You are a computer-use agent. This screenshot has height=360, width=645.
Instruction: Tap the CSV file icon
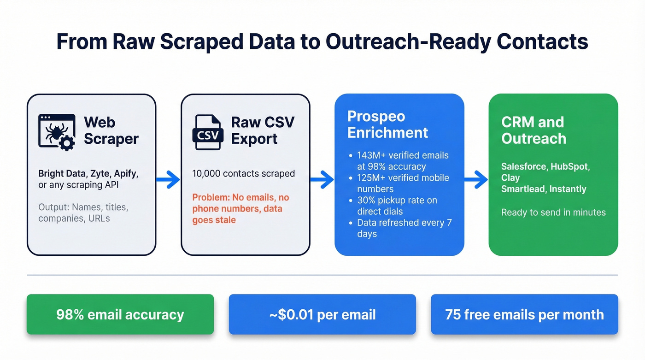click(x=207, y=133)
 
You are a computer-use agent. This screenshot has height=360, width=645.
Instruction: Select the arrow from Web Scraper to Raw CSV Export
click(x=168, y=179)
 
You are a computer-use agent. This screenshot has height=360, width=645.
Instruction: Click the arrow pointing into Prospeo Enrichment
click(x=322, y=179)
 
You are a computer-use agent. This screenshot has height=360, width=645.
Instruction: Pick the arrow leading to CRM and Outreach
click(x=476, y=179)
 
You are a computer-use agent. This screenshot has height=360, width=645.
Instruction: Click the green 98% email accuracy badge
click(x=120, y=315)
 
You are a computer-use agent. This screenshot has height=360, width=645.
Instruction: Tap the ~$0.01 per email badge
click(x=322, y=315)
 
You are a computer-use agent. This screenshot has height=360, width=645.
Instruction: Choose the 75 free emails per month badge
click(x=524, y=315)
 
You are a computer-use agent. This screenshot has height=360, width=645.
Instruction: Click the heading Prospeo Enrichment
click(x=387, y=124)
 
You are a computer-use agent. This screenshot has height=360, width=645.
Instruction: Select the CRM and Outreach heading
click(x=534, y=130)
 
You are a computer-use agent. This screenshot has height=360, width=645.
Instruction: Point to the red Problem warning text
click(x=240, y=209)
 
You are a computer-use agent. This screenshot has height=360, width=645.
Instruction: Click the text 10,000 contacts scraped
click(x=243, y=174)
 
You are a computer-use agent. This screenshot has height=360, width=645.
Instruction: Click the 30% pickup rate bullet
click(x=396, y=206)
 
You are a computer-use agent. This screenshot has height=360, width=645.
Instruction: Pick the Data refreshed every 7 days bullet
click(x=404, y=228)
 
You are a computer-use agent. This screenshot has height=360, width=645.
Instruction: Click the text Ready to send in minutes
click(x=553, y=212)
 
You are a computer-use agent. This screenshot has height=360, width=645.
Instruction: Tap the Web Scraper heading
click(x=111, y=130)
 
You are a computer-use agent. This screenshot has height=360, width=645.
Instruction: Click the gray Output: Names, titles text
click(x=83, y=212)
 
